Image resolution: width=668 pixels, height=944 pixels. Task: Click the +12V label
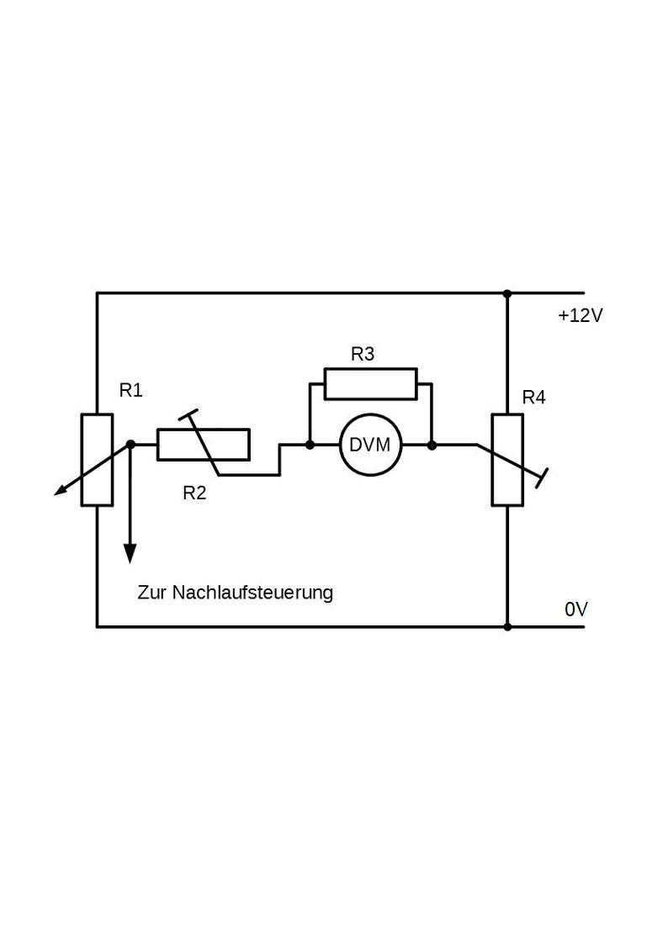580,315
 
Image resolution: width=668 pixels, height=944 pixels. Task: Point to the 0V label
575,609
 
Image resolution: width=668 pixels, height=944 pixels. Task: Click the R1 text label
130,390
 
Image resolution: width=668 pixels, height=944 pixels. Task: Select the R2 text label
194,493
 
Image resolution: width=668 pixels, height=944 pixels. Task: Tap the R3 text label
363,354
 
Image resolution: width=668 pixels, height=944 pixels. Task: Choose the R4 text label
533,398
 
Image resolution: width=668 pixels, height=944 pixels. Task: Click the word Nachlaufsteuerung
252,593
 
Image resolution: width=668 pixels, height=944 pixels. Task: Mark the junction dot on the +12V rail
507,294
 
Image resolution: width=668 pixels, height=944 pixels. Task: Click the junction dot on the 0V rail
507,627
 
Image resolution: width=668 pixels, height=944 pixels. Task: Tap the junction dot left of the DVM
310,445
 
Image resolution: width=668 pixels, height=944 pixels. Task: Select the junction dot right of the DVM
432,445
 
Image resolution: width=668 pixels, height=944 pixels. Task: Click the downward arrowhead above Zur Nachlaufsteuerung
130,553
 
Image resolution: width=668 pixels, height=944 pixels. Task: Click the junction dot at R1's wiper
130,445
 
